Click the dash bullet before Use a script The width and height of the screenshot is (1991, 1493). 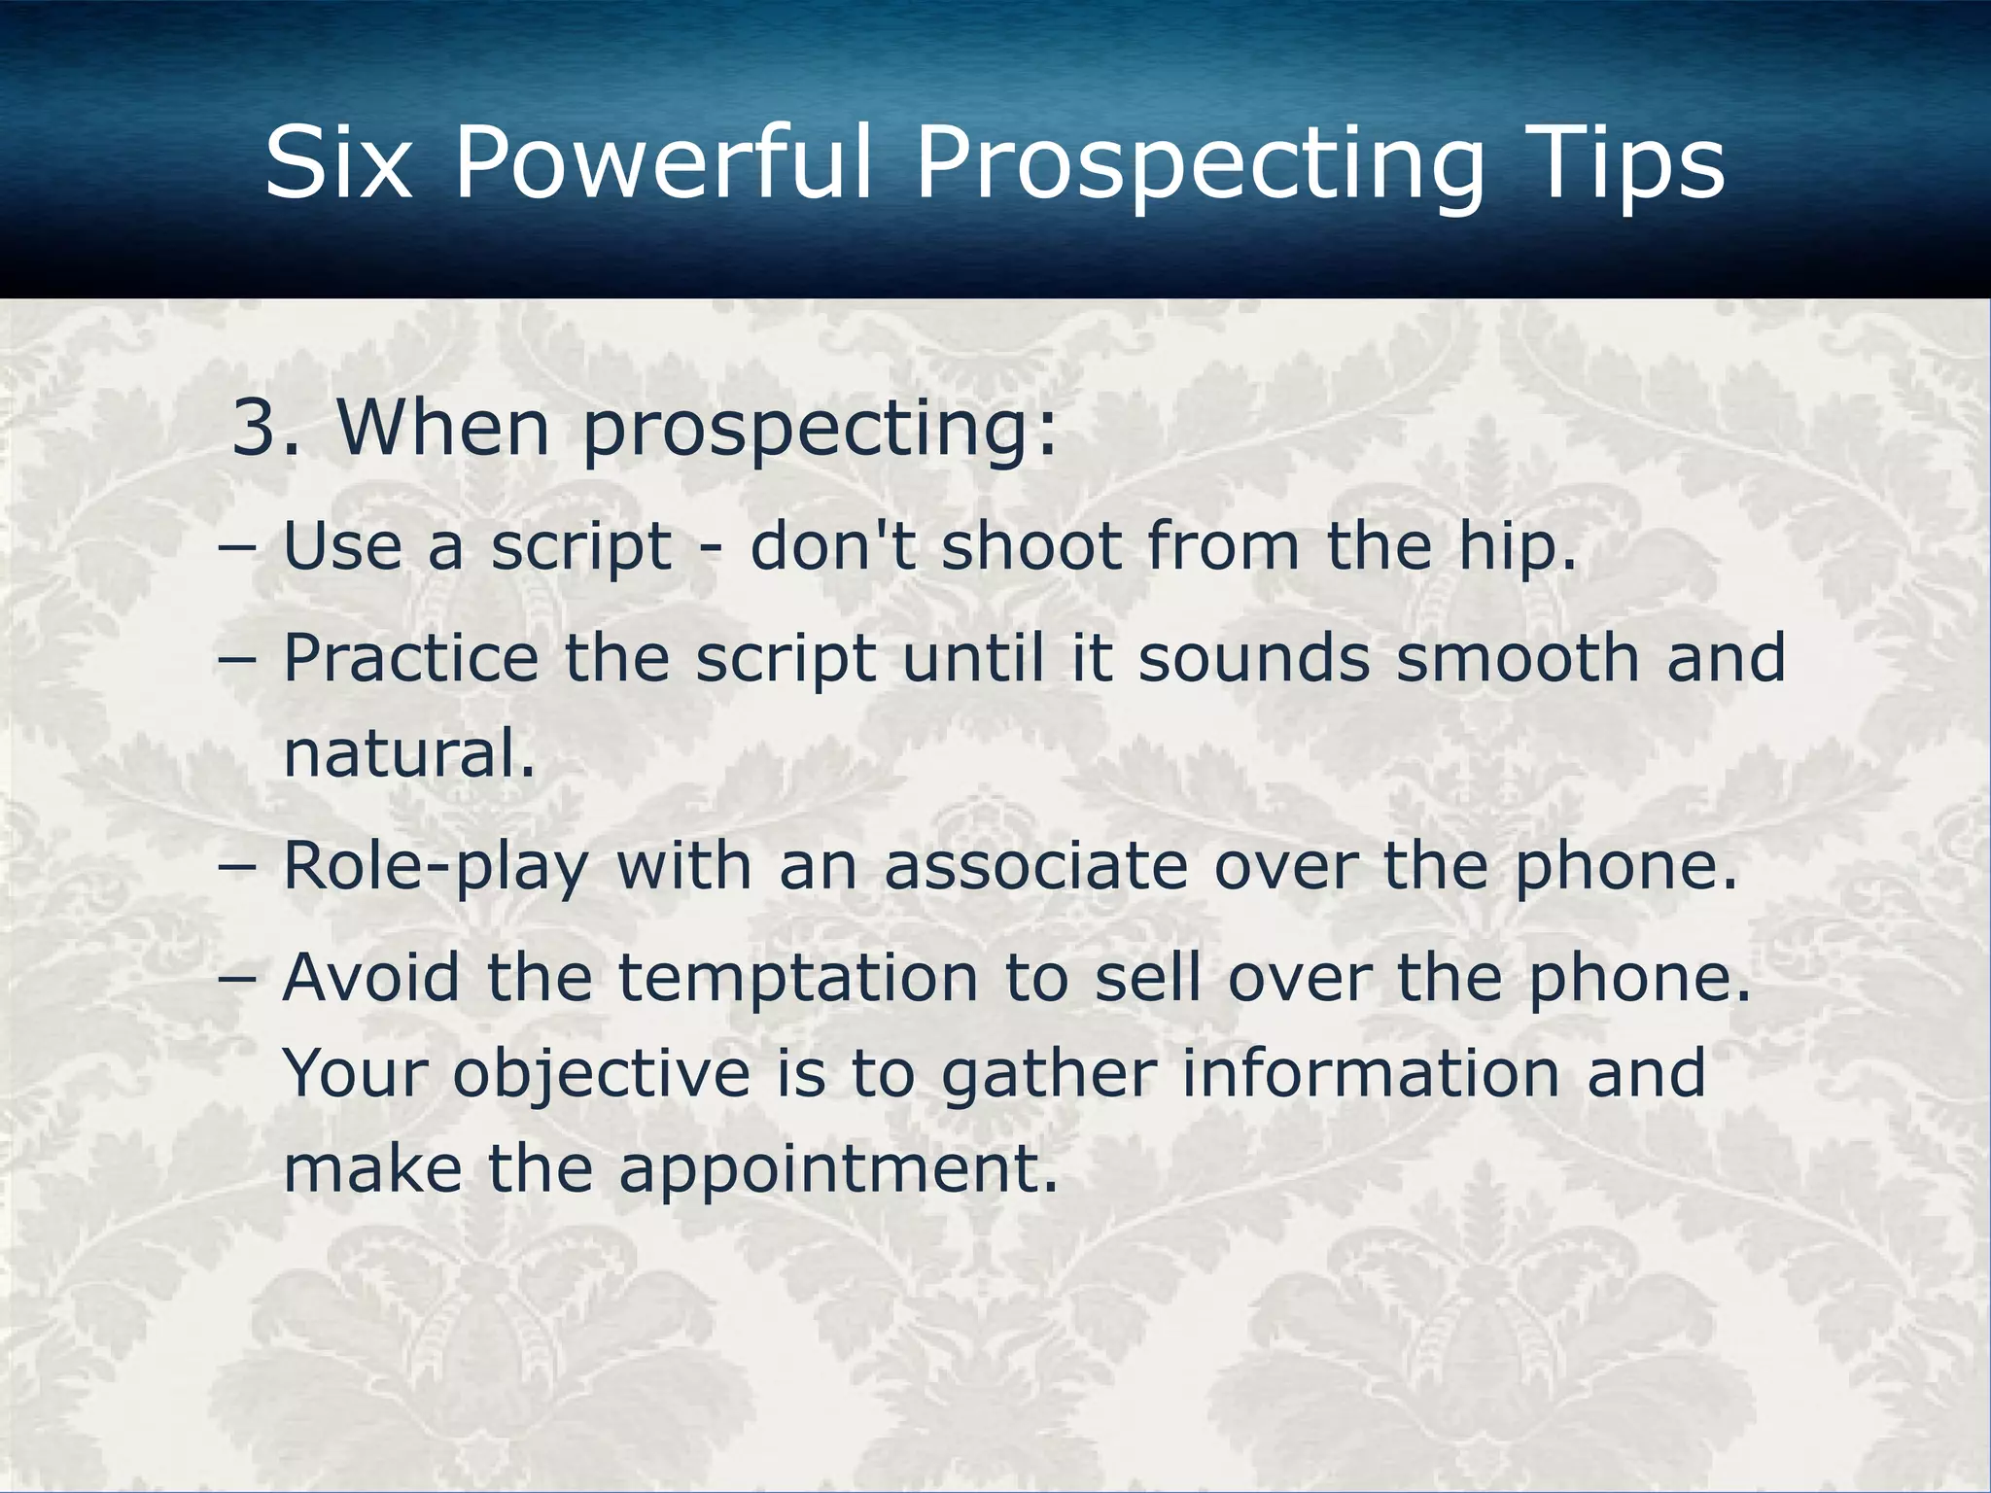(238, 547)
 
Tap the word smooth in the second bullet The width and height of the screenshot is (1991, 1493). (1517, 658)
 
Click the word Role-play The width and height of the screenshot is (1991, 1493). (437, 867)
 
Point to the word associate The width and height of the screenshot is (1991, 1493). (1035, 866)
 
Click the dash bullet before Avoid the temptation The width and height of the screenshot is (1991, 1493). (238, 978)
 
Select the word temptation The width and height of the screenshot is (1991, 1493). (798, 978)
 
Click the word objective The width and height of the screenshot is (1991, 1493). (602, 1075)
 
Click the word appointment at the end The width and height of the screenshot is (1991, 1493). (837, 1170)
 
